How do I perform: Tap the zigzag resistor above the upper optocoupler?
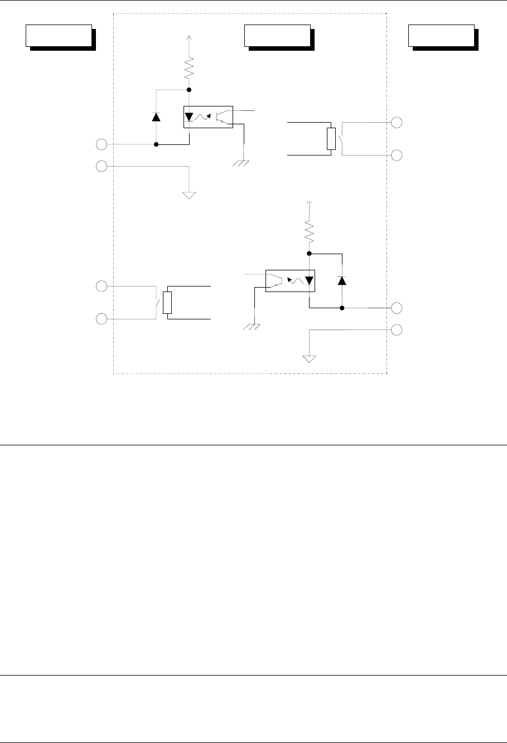click(x=189, y=70)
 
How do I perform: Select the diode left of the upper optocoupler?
click(x=156, y=117)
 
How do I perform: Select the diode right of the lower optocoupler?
click(x=342, y=280)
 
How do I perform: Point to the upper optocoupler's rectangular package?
click(x=207, y=117)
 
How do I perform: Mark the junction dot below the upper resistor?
click(x=189, y=90)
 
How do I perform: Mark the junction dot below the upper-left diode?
click(x=156, y=144)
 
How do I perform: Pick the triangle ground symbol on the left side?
click(x=190, y=195)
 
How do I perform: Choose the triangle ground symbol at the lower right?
click(x=309, y=358)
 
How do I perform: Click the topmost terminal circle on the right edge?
click(x=397, y=122)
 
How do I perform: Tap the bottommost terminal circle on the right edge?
click(x=397, y=329)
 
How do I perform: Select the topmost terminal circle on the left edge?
click(x=101, y=145)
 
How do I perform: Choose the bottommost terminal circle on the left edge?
click(x=101, y=319)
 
